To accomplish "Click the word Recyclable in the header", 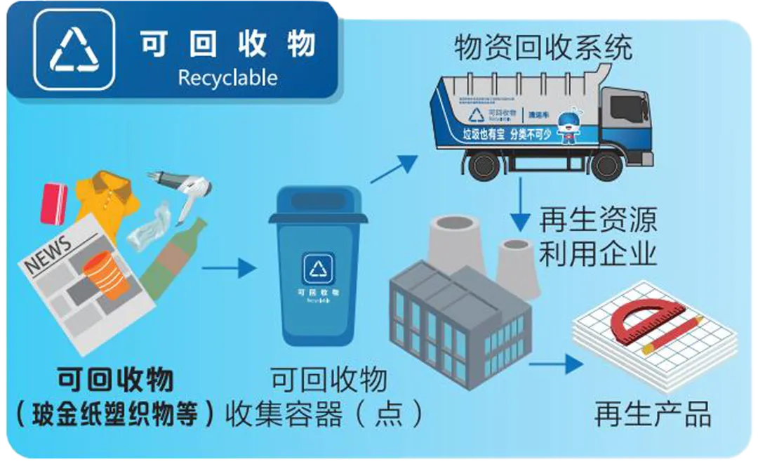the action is click(227, 77).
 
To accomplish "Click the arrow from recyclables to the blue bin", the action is click(227, 267).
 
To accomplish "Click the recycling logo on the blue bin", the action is click(320, 268).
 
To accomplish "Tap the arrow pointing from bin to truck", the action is click(394, 168).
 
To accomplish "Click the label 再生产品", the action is click(652, 415).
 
